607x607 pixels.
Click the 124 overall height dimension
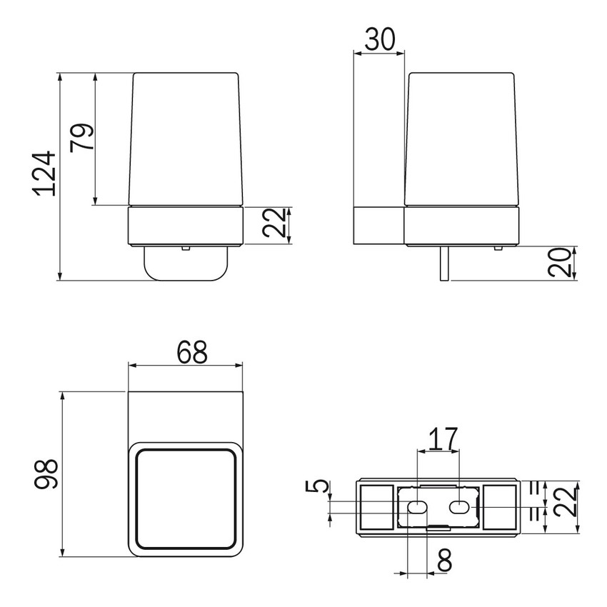coord(45,174)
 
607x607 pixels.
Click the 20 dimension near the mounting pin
coord(562,263)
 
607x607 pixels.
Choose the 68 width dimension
coord(186,351)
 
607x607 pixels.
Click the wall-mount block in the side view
coord(379,226)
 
